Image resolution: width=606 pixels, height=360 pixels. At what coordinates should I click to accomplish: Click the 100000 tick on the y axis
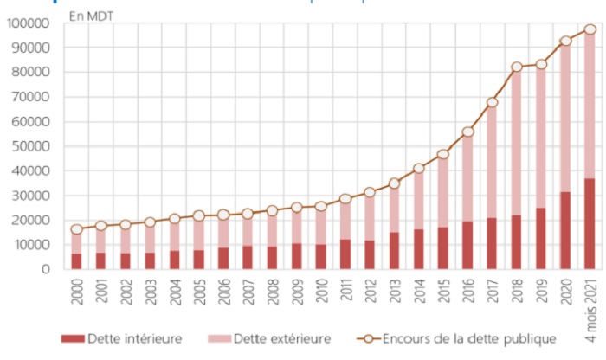[x=28, y=22]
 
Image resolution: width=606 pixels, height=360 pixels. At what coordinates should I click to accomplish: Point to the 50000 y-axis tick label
[x=30, y=146]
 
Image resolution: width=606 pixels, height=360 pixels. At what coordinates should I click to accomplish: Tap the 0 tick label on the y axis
[x=46, y=269]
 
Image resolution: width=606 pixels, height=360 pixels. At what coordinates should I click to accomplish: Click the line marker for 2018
[x=517, y=67]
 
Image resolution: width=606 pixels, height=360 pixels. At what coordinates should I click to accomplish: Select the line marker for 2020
[x=566, y=41]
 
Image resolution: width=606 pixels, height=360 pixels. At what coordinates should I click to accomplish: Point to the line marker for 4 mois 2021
[x=590, y=29]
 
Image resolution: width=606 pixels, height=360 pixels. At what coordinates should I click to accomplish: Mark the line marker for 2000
[x=77, y=229]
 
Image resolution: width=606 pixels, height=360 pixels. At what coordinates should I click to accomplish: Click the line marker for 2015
[x=443, y=155]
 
